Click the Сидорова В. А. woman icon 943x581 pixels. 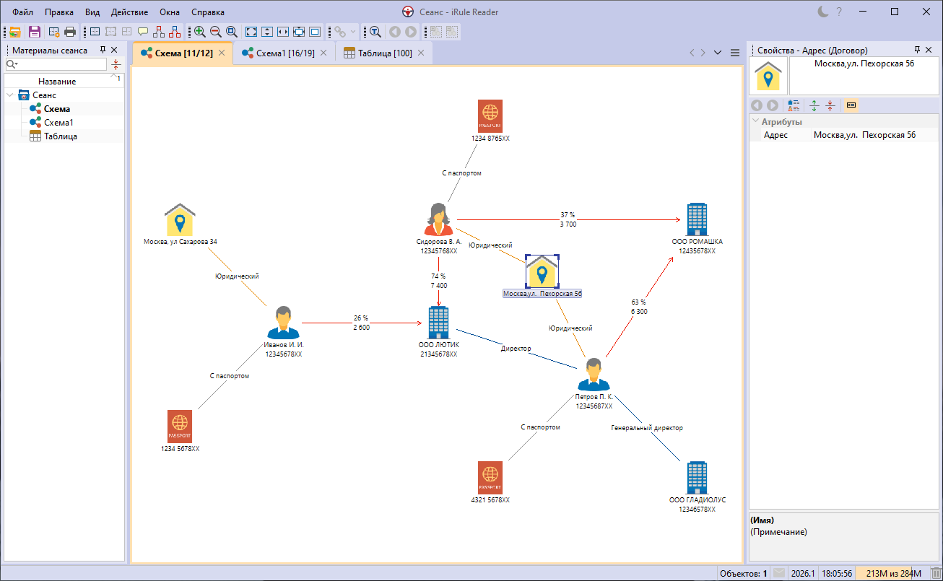[438, 219]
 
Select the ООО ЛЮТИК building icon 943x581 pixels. [438, 323]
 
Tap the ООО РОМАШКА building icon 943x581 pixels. [696, 219]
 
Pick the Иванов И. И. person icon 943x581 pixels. [283, 323]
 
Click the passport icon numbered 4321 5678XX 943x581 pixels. [490, 478]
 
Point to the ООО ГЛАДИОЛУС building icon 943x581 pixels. [696, 478]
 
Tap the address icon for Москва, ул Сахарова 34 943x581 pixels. [180, 220]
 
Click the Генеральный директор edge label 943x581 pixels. [646, 428]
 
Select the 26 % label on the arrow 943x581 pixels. [361, 318]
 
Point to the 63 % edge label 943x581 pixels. [638, 302]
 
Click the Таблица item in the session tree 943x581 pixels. [61, 136]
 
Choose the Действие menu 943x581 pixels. [130, 12]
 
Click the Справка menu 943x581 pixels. [208, 12]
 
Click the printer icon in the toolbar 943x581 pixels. [70, 32]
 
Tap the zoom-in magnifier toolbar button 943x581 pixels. [199, 32]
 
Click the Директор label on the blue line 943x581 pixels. [516, 349]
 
